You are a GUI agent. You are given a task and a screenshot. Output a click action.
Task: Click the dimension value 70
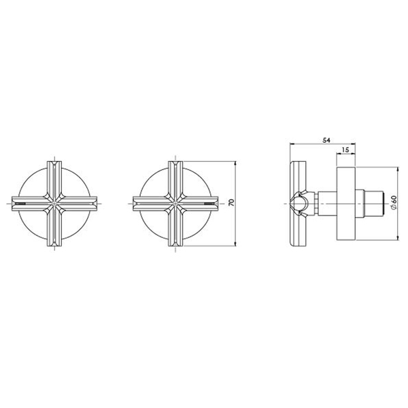[x=232, y=203]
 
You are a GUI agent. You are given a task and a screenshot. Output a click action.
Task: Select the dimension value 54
[x=326, y=140]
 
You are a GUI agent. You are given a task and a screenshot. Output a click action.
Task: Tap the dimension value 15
[x=345, y=150]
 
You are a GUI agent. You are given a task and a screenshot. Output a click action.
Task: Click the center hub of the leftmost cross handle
[x=54, y=203]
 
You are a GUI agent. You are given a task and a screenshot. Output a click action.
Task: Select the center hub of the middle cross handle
[x=175, y=203]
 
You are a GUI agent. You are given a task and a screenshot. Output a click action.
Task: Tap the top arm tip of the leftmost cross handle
[x=54, y=163]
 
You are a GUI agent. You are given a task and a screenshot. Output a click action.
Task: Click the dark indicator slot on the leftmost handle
[x=20, y=203]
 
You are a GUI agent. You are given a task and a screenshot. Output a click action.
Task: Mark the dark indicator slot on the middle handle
[x=210, y=203]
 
